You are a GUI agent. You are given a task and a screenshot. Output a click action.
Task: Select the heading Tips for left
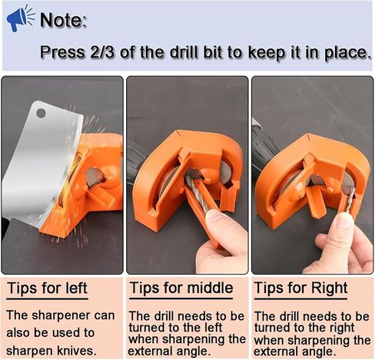point(47,289)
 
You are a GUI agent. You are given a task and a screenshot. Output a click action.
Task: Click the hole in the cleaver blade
point(41,113)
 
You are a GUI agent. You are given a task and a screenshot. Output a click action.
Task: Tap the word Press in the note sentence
point(61,53)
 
